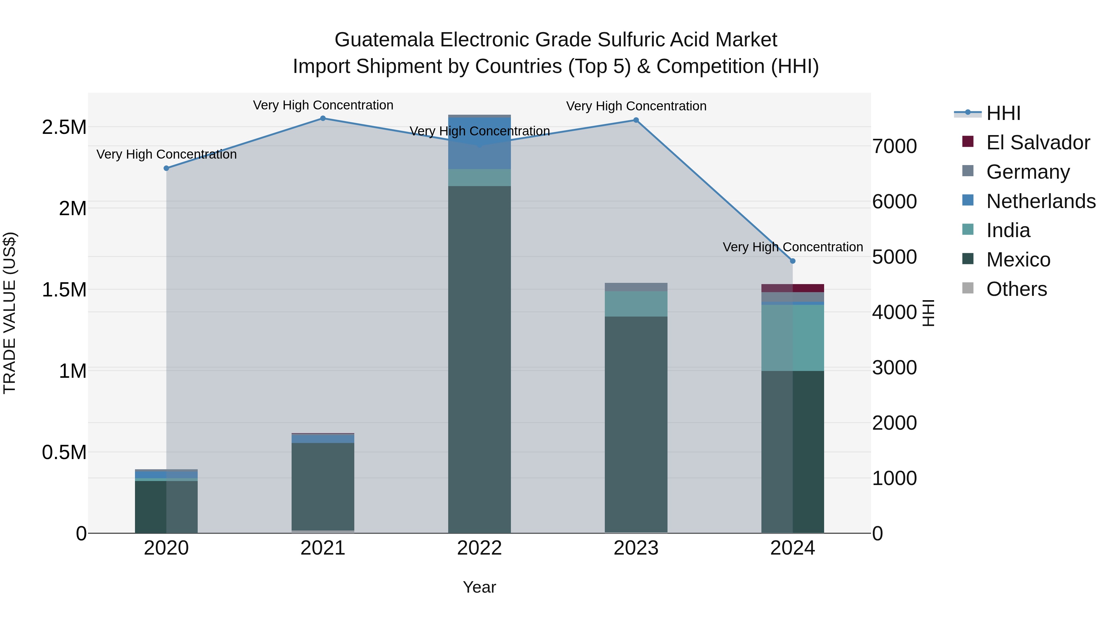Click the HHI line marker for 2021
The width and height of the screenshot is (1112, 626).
click(x=323, y=118)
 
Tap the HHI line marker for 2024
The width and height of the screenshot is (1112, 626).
click(x=793, y=261)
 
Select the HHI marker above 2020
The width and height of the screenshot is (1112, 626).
click(x=166, y=168)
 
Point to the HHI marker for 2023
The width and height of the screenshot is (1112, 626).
click(x=636, y=120)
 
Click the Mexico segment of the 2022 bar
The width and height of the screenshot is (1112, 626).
click(x=479, y=359)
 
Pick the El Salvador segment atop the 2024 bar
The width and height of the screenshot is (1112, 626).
click(x=793, y=288)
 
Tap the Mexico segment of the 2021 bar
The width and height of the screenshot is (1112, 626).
click(x=323, y=486)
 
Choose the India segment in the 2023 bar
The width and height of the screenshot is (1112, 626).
click(x=636, y=304)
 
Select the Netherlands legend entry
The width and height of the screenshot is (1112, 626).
click(x=1040, y=201)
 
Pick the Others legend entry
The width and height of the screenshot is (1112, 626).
click(x=1016, y=289)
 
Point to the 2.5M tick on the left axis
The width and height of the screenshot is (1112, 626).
click(x=64, y=127)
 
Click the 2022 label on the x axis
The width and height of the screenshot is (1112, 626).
click(x=479, y=548)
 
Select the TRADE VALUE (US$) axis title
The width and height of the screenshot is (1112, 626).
click(x=10, y=313)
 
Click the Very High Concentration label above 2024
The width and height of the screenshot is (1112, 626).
click(x=793, y=247)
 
